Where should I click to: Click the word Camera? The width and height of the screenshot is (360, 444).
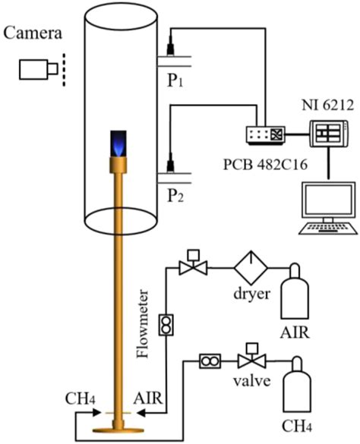point(33,33)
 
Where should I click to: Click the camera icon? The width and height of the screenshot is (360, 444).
point(39,69)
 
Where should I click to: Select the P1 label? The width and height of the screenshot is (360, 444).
point(175,80)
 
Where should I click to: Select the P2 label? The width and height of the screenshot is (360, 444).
point(175,196)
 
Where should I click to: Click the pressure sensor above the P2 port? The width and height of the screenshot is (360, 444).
point(170,162)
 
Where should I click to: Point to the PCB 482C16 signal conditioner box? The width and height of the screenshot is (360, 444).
point(265,135)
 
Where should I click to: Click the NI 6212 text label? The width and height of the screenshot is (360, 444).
point(328,105)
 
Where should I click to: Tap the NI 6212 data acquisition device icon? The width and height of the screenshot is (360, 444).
point(329,134)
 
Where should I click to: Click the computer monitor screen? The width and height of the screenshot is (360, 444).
point(329,200)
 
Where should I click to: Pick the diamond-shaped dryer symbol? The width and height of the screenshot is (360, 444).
point(251,267)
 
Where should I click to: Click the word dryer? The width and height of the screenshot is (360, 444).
point(252,294)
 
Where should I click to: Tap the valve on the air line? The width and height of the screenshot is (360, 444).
point(194,263)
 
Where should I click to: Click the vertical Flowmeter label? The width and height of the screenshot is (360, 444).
point(143,323)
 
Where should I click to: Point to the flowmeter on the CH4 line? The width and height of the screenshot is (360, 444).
point(210,361)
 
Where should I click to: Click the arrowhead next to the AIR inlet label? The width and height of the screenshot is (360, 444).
point(141,413)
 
